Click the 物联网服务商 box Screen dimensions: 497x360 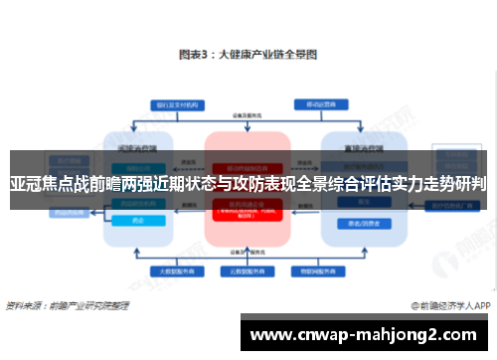(x=318, y=270)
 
